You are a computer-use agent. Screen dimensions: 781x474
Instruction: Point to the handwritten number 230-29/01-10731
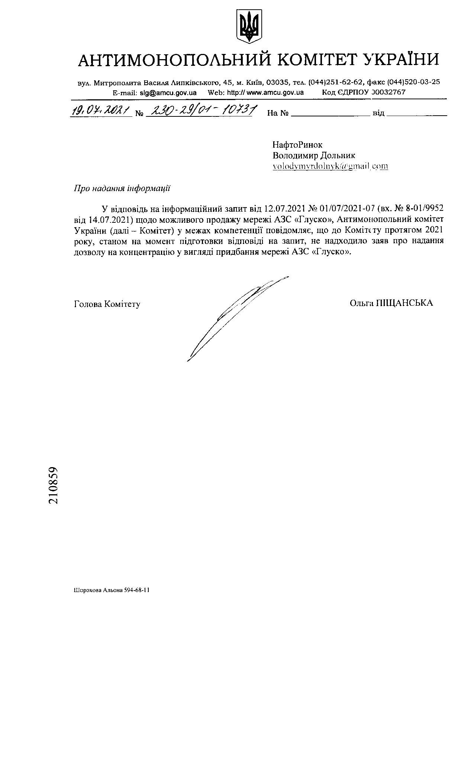pos(200,110)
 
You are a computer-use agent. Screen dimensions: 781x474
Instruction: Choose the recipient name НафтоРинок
pos(297,144)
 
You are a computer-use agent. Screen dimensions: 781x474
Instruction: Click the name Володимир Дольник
pos(314,155)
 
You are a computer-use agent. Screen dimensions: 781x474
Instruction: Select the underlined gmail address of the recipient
pos(330,166)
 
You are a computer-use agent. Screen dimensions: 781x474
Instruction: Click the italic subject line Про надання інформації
pos(122,188)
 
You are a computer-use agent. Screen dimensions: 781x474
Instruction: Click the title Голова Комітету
pos(107,304)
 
